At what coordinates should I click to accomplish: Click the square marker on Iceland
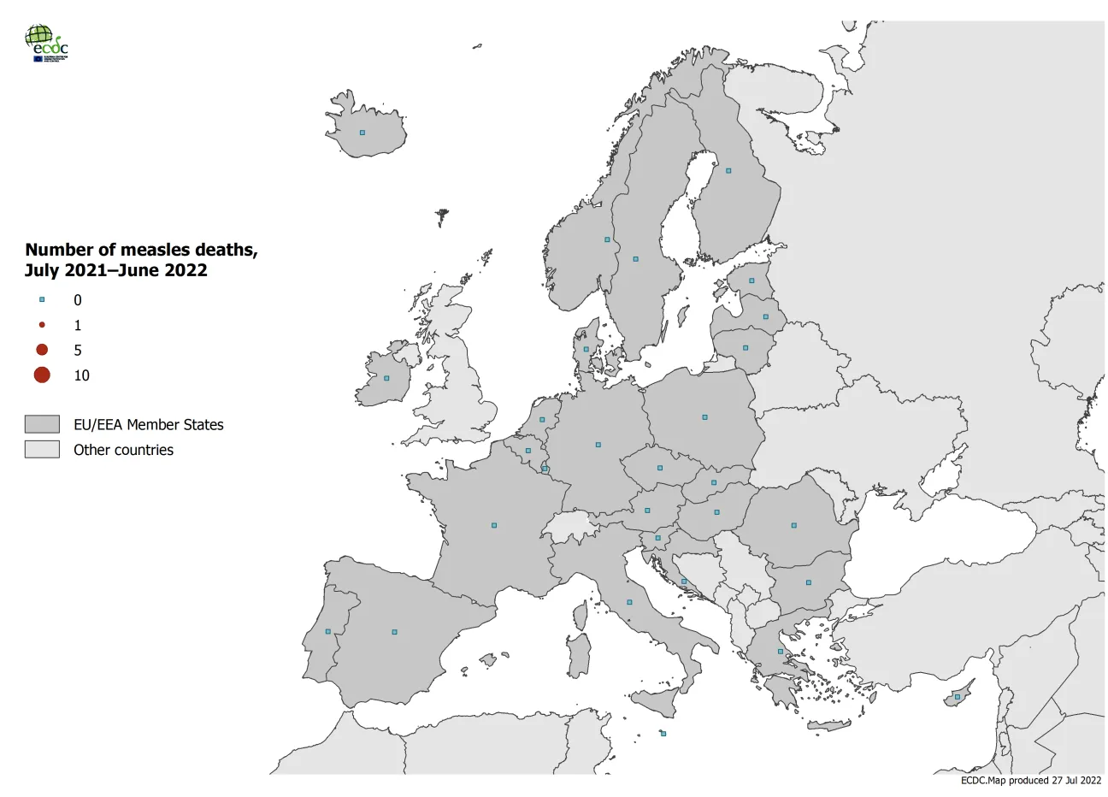pyautogui.click(x=362, y=133)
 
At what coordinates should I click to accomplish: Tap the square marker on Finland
pyautogui.click(x=728, y=170)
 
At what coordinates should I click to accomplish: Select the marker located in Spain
pyautogui.click(x=394, y=632)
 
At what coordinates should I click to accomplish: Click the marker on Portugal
pyautogui.click(x=328, y=632)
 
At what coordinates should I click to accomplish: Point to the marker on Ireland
pyautogui.click(x=386, y=378)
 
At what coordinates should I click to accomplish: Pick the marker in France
pyautogui.click(x=494, y=525)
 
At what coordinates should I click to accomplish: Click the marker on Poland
pyautogui.click(x=704, y=417)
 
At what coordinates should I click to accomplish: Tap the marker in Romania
pyautogui.click(x=793, y=525)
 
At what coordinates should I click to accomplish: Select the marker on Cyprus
pyautogui.click(x=957, y=697)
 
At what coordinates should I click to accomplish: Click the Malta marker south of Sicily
pyautogui.click(x=663, y=734)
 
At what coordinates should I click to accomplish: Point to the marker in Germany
pyautogui.click(x=598, y=445)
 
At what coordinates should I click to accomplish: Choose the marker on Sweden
pyautogui.click(x=635, y=258)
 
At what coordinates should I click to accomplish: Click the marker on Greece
pyautogui.click(x=780, y=652)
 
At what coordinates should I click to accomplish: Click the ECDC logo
pyautogui.click(x=47, y=43)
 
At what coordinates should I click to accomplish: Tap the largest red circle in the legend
pyautogui.click(x=42, y=375)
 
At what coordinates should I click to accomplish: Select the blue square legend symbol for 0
pyautogui.click(x=42, y=300)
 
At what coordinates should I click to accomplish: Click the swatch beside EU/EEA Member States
pyautogui.click(x=42, y=424)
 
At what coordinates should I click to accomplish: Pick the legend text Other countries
pyautogui.click(x=123, y=450)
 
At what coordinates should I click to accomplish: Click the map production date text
pyautogui.click(x=1031, y=780)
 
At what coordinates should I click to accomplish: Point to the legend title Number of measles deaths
pyautogui.click(x=141, y=250)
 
